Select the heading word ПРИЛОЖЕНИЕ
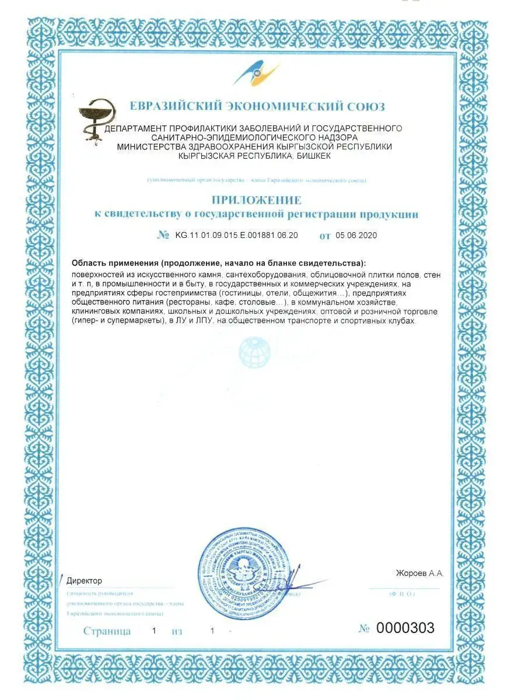click(257, 200)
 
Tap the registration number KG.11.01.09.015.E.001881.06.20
click(236, 236)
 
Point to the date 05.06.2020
click(357, 236)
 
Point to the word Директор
click(85, 581)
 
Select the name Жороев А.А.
click(419, 573)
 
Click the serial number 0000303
click(405, 628)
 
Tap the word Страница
click(107, 631)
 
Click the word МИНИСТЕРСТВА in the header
click(153, 147)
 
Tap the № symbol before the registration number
click(163, 236)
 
